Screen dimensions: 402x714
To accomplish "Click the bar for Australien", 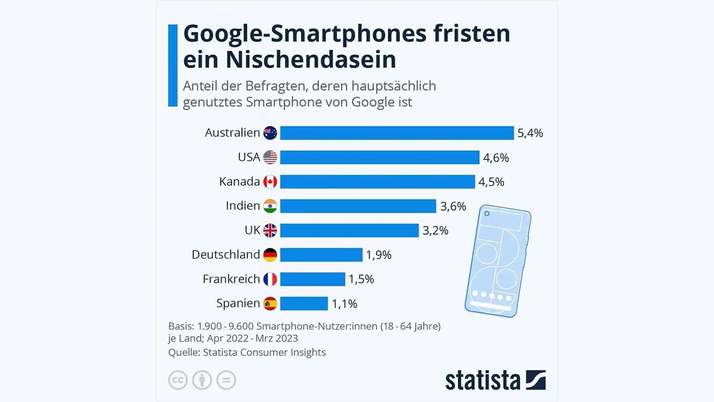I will pos(397,133).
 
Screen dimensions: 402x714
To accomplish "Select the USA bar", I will pos(379,157).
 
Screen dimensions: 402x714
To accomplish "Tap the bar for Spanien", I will pos(304,303).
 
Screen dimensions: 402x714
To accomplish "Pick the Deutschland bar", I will pos(321,255).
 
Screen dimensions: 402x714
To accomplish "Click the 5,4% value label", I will pos(530,133).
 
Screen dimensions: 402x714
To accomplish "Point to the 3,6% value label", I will pos(453,206).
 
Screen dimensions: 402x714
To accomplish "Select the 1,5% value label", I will pos(361,279).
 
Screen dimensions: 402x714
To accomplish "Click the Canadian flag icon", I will pos(270,181).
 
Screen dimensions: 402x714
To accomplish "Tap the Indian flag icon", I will pos(270,206).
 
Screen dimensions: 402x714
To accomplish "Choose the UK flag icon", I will pos(270,231).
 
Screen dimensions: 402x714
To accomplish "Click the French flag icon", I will pos(270,279).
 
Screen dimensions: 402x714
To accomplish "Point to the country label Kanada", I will pos(239,181).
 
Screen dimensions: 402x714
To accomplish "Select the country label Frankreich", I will pos(231,279).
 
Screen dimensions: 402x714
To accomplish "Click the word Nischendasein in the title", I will pos(311,60).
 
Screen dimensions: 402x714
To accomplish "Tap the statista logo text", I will pos(483,381).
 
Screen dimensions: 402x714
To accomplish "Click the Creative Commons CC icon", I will pos(178,380).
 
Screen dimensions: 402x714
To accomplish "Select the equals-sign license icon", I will pos(226,380).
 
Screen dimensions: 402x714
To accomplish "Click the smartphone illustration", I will pos(498,261).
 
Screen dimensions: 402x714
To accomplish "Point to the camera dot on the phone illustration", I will pos(487,213).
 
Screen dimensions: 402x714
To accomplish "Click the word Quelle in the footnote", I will pos(183,352).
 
